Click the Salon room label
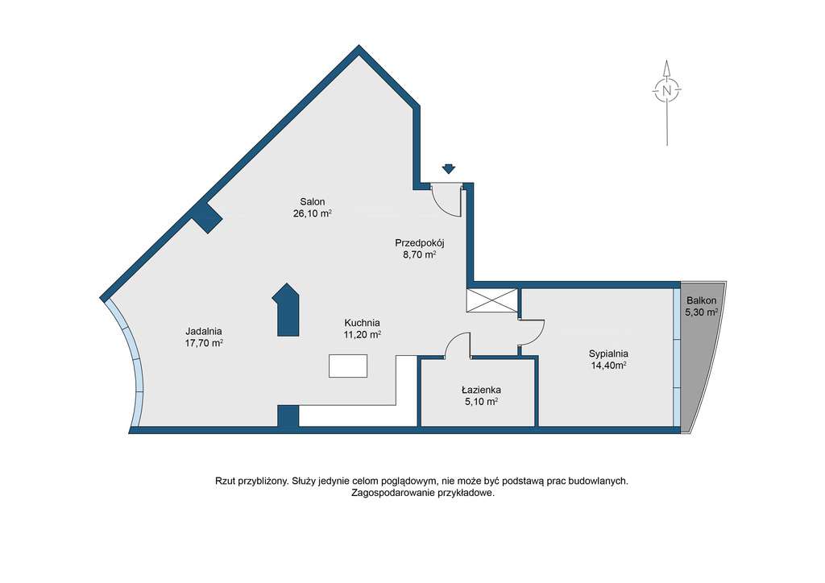pyautogui.click(x=313, y=202)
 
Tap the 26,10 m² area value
pyautogui.click(x=313, y=214)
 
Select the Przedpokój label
pyautogui.click(x=420, y=242)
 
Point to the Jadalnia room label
pyautogui.click(x=203, y=331)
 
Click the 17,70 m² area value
pyautogui.click(x=203, y=343)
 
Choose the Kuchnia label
pyautogui.click(x=362, y=322)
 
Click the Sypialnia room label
pyautogui.click(x=608, y=353)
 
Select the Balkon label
pyautogui.click(x=701, y=300)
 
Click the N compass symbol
pyautogui.click(x=667, y=91)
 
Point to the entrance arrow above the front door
pyautogui.click(x=449, y=169)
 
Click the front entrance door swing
pyautogui.click(x=446, y=201)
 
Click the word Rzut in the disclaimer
pyautogui.click(x=226, y=481)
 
